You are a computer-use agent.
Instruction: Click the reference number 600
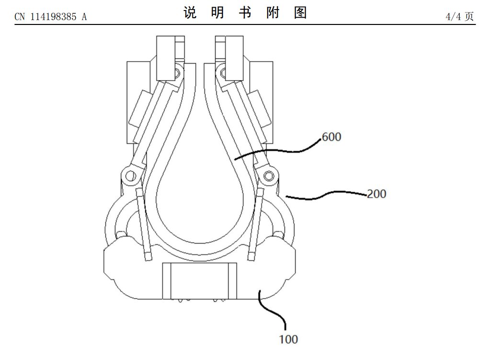coord(331,137)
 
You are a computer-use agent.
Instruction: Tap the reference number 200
coord(376,194)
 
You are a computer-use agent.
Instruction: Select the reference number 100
coord(288,339)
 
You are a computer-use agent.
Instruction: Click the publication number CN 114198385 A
coord(51,16)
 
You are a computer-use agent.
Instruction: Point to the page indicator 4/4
coord(453,16)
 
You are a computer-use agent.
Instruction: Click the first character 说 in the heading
coord(190,13)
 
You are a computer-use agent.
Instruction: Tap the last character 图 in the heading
coord(300,13)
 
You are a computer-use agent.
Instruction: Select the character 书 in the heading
coord(245,13)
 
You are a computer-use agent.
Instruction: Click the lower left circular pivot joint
coord(130,176)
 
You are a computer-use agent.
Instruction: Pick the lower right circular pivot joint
coord(269,176)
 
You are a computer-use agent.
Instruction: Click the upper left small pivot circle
coord(176,73)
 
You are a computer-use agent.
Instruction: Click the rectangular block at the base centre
coord(200,281)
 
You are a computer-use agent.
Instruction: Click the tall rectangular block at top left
coord(166,58)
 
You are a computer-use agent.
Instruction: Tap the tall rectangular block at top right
coord(234,58)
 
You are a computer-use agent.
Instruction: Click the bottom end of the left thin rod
coord(148,258)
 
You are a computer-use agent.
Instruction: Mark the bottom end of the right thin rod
coord(251,258)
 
